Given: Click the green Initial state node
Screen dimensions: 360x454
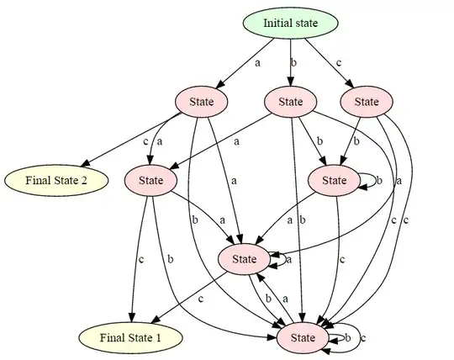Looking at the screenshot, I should point(290,23).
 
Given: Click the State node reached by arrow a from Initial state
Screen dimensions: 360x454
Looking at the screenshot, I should point(202,102).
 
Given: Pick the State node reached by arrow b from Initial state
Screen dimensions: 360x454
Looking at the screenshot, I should point(290,102).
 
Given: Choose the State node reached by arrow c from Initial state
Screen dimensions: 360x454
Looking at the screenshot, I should point(367,102).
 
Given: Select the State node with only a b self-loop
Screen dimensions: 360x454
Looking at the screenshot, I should point(334,180).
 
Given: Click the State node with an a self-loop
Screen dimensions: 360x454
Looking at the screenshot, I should point(244,258).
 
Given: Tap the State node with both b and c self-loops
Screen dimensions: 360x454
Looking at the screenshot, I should point(304,337).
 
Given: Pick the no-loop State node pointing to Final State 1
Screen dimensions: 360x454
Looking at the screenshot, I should point(150,180).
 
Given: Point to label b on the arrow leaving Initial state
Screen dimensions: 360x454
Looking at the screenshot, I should point(294,62).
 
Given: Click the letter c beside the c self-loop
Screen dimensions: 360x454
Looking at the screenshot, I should point(363,337).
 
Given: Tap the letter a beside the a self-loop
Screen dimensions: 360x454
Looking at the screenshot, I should point(288,259).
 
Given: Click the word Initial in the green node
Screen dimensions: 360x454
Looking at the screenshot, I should point(277,23).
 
